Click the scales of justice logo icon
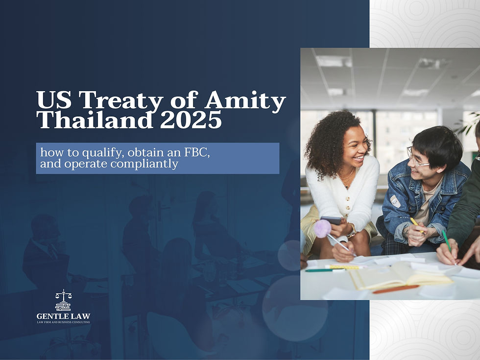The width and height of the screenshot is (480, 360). pyautogui.click(x=63, y=300)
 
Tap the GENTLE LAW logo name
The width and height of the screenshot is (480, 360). pyautogui.click(x=63, y=316)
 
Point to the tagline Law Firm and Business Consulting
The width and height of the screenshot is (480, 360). pyautogui.click(x=63, y=322)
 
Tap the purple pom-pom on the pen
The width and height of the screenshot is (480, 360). pyautogui.click(x=322, y=228)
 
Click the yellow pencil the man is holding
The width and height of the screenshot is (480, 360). pyautogui.click(x=416, y=225)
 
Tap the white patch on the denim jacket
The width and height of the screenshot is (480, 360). pyautogui.click(x=395, y=201)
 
